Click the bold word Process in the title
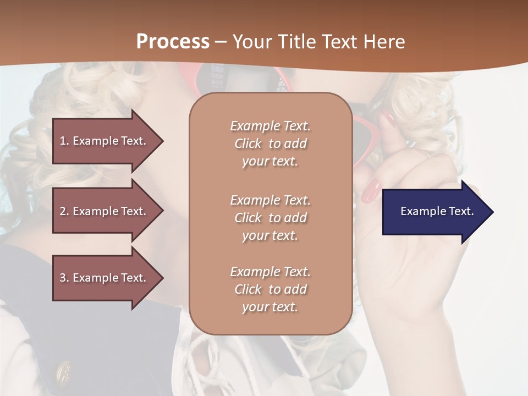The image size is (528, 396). click(x=173, y=42)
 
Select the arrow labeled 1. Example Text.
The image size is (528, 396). click(x=105, y=141)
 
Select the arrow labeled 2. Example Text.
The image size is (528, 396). click(x=105, y=211)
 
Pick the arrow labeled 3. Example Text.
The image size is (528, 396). click(x=105, y=278)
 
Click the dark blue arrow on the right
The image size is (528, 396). click(x=435, y=212)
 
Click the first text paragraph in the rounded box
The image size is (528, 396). click(x=270, y=144)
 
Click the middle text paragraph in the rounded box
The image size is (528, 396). click(x=270, y=218)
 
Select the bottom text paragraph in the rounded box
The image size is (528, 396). click(x=270, y=289)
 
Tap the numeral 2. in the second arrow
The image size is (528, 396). click(x=64, y=211)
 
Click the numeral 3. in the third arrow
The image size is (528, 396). click(x=64, y=278)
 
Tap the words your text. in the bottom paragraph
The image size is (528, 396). click(x=270, y=307)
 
